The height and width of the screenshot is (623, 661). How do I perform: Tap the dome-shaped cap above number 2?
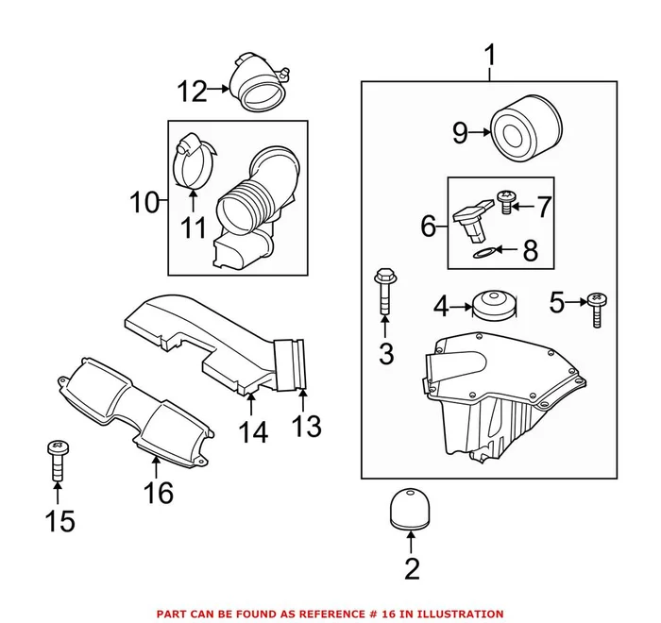[411, 509]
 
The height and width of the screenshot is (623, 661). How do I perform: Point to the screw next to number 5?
[595, 308]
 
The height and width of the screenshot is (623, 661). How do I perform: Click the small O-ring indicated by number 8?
[482, 251]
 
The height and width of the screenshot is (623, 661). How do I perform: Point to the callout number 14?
[252, 431]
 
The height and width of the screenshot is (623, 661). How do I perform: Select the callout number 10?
[144, 201]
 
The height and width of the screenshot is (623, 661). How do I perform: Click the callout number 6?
[428, 226]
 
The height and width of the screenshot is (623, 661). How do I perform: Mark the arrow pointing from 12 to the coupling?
[218, 91]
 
